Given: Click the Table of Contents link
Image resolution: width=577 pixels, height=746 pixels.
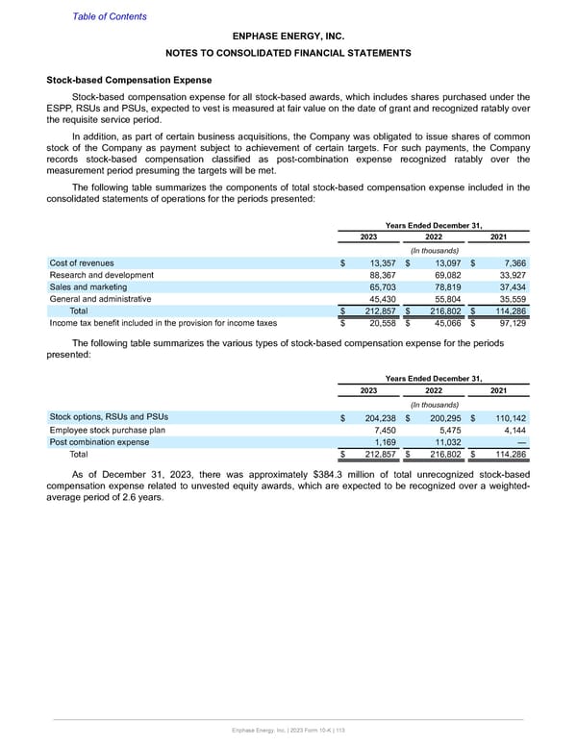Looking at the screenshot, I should pos(110,16).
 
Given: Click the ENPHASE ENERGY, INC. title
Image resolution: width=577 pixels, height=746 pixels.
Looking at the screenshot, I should pos(288,36).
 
